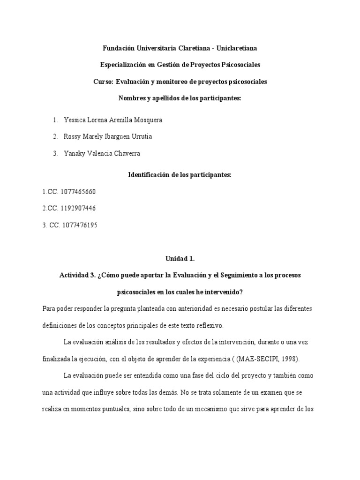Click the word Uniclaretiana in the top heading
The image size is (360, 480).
235,48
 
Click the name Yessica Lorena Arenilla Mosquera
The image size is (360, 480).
112,120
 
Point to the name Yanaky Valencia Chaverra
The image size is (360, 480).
101,153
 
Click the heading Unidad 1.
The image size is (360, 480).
180,258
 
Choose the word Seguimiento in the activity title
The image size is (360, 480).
223,275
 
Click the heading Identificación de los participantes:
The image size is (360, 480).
180,175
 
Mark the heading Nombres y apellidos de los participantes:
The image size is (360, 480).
180,98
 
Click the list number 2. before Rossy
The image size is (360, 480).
55,136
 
